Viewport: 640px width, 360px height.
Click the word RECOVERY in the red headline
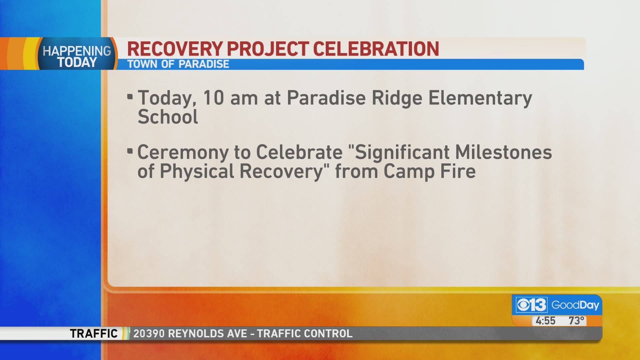coord(175,49)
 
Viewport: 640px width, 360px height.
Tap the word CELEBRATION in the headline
coord(376,49)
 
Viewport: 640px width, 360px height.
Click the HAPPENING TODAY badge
coord(77,57)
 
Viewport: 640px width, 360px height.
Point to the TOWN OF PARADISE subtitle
coord(178,64)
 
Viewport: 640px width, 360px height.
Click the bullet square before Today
coord(130,97)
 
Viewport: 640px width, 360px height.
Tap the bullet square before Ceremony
coord(130,151)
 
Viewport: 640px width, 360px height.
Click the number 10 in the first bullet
coord(213,98)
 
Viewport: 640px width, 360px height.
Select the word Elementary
coord(480,99)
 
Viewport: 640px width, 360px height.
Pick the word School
coord(168,117)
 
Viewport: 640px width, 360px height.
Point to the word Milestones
coord(503,152)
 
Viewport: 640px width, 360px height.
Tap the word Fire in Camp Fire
coord(458,171)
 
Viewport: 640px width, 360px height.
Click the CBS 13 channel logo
coord(532,305)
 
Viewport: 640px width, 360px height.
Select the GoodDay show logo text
coord(575,305)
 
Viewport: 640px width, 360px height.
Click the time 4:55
coord(545,321)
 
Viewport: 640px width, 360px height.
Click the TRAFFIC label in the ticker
coord(94,333)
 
